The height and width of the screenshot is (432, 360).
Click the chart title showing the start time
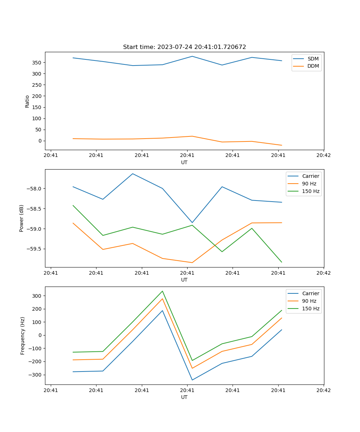click(x=184, y=47)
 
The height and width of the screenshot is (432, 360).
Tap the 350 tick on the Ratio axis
click(x=37, y=63)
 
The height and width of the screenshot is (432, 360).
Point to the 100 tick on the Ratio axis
click(x=37, y=118)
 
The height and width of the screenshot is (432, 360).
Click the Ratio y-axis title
click(x=27, y=101)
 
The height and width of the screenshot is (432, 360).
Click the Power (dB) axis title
click(x=22, y=218)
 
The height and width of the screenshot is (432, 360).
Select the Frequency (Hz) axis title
click(x=22, y=336)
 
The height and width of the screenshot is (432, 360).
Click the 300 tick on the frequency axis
click(x=37, y=296)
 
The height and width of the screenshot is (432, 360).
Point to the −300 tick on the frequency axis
click(x=36, y=375)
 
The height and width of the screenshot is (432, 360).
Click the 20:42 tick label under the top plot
click(x=323, y=156)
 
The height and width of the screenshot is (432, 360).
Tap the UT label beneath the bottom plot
click(x=184, y=397)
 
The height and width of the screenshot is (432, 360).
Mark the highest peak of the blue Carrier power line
click(x=132, y=174)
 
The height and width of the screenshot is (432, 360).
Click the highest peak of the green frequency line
click(x=162, y=291)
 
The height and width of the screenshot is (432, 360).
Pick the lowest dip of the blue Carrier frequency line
click(x=192, y=380)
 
